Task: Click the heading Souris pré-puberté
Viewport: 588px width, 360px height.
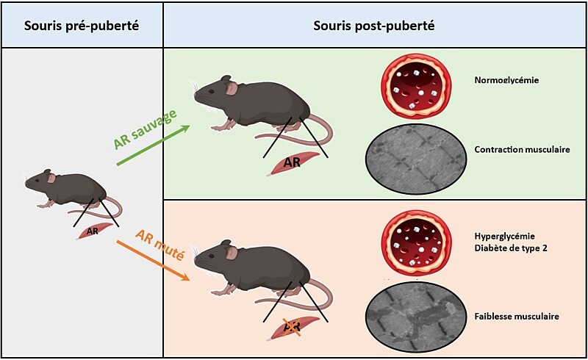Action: coord(82,26)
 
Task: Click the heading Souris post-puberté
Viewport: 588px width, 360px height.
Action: coord(373,26)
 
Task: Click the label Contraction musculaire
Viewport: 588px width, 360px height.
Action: coord(523,150)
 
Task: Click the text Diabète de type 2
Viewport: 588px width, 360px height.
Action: coord(509,248)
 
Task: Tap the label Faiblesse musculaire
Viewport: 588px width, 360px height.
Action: coord(517,317)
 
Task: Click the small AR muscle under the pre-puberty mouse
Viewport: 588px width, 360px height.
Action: coord(93,231)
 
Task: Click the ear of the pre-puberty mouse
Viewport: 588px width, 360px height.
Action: coord(51,177)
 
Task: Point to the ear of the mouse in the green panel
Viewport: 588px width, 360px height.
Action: coord(231,89)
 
